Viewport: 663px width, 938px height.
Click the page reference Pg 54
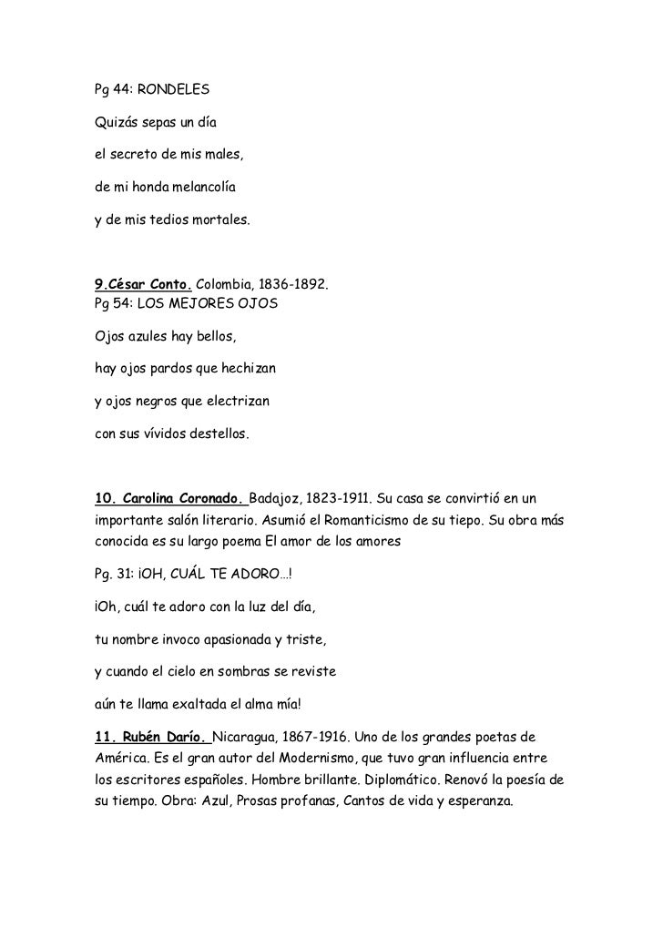tap(112, 303)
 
